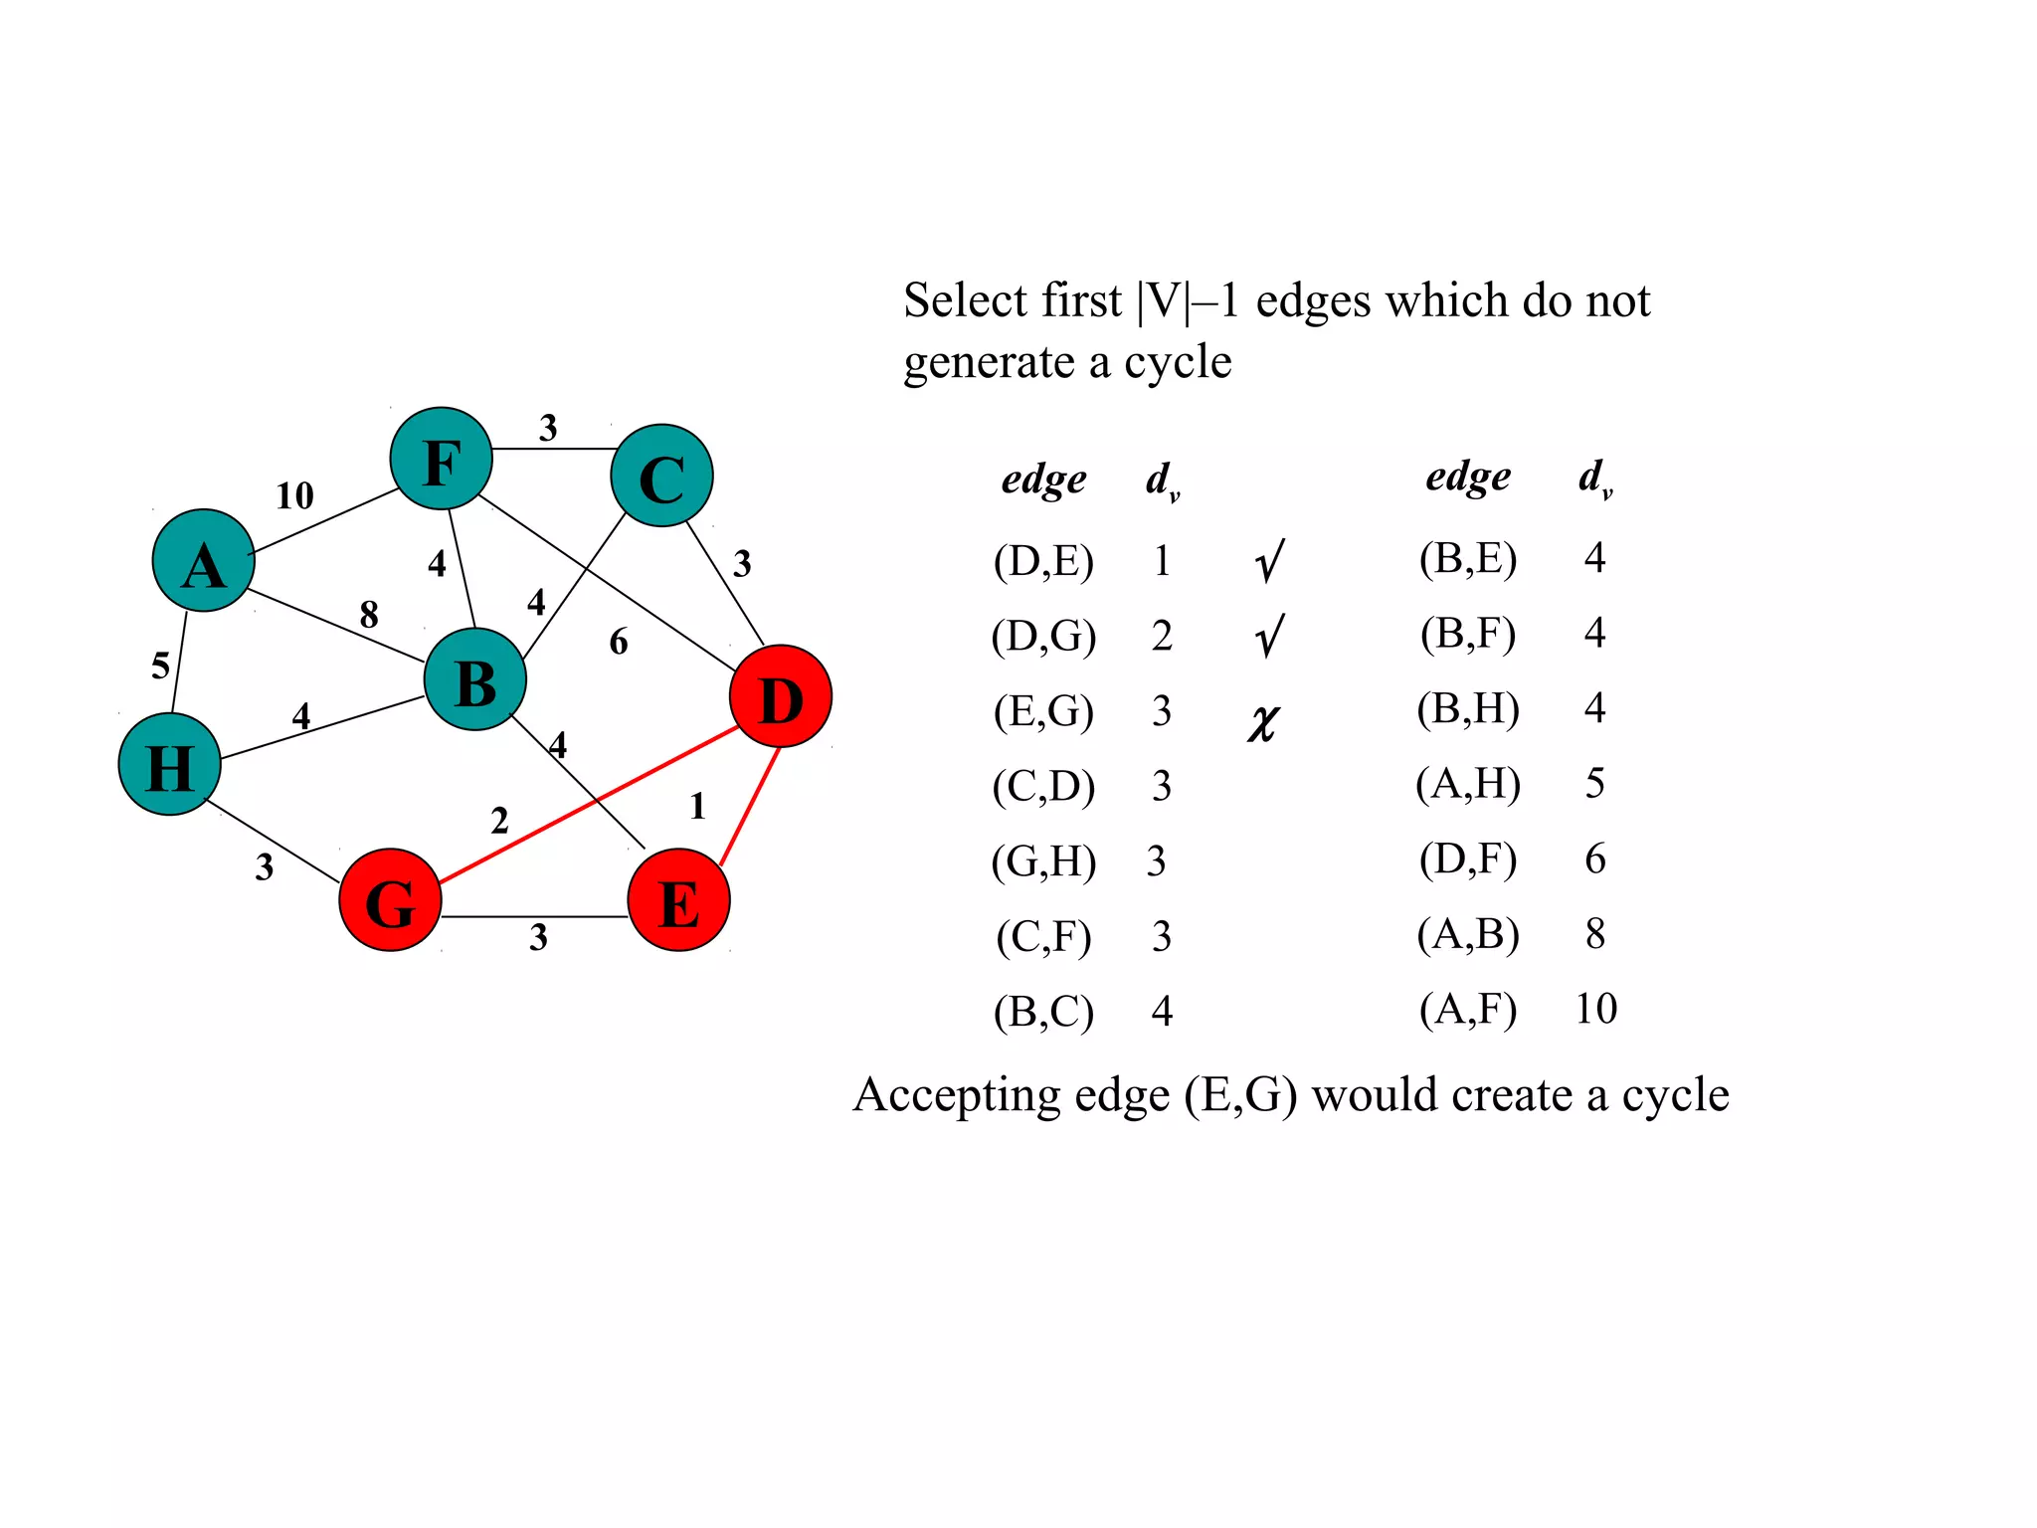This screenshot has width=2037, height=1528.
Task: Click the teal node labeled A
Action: [x=203, y=561]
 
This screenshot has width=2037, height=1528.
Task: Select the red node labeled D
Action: [x=781, y=696]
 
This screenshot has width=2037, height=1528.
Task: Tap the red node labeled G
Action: [x=390, y=900]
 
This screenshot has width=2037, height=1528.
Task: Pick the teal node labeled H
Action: [x=169, y=764]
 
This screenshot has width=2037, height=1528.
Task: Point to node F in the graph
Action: [x=442, y=459]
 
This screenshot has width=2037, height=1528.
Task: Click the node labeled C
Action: [x=661, y=476]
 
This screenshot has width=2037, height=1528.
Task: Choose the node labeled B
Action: [x=475, y=679]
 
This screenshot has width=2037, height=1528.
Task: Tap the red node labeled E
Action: [x=678, y=900]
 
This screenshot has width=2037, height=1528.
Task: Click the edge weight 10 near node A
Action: [x=294, y=495]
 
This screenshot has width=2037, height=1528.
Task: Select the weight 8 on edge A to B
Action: [x=369, y=614]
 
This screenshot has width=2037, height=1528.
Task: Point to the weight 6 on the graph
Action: [x=619, y=642]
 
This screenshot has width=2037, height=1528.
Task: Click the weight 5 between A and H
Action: [x=160, y=666]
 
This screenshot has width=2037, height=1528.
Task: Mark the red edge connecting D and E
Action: [x=749, y=807]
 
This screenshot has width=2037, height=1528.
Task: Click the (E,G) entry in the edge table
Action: [x=1043, y=711]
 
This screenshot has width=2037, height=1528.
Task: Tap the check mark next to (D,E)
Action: [x=1269, y=561]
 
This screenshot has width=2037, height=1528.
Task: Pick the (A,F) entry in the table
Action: [x=1468, y=1009]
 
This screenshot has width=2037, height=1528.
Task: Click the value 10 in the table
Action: [x=1595, y=1009]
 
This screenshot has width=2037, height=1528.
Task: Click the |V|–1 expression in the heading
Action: [x=1190, y=300]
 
